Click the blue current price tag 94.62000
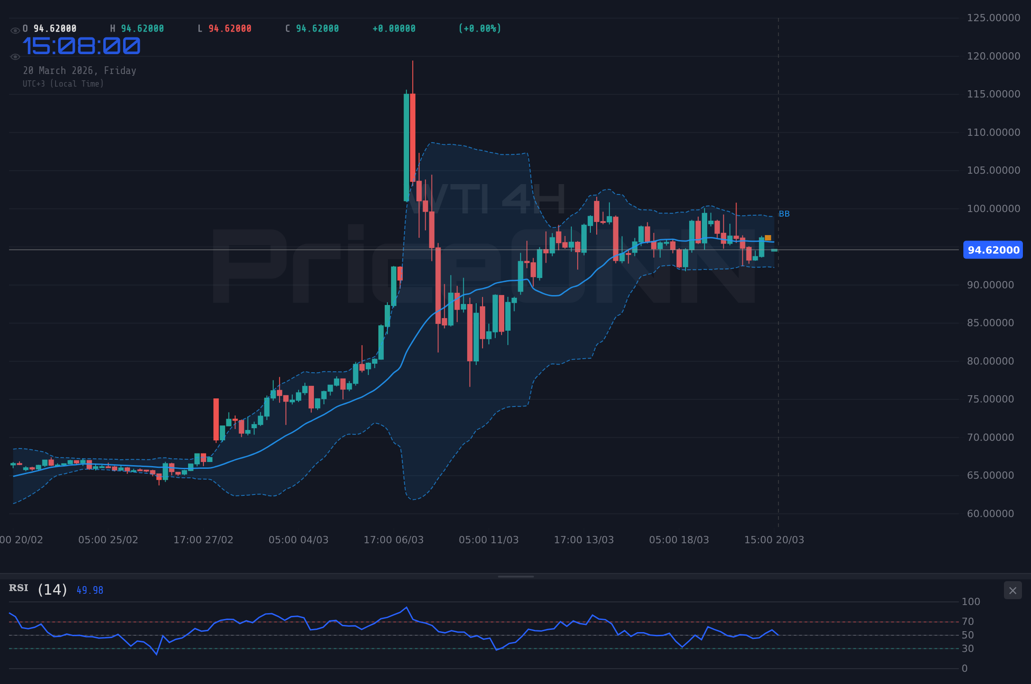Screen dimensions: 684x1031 tap(993, 250)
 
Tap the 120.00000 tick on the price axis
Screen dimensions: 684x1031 tap(993, 56)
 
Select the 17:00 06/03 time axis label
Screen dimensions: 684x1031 tap(393, 540)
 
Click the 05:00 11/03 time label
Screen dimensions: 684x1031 tap(488, 540)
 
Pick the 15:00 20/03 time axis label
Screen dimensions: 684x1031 tap(774, 540)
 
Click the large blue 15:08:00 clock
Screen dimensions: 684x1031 tap(82, 46)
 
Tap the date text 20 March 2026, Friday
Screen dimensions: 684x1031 tap(79, 71)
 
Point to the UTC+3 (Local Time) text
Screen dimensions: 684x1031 tap(63, 84)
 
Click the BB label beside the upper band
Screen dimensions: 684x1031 tap(784, 214)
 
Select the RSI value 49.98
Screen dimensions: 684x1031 tap(90, 590)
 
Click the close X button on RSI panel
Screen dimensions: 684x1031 tap(1013, 591)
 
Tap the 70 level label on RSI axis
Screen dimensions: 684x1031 tap(967, 622)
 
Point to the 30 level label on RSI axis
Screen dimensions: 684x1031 tap(967, 649)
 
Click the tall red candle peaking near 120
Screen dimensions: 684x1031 tap(413, 135)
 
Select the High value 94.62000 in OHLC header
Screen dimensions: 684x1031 tap(142, 29)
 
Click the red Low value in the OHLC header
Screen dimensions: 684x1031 tap(230, 29)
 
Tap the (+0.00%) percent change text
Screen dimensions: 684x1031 tap(479, 29)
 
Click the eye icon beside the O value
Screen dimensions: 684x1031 tap(15, 31)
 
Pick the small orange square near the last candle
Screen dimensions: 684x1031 tap(768, 238)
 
